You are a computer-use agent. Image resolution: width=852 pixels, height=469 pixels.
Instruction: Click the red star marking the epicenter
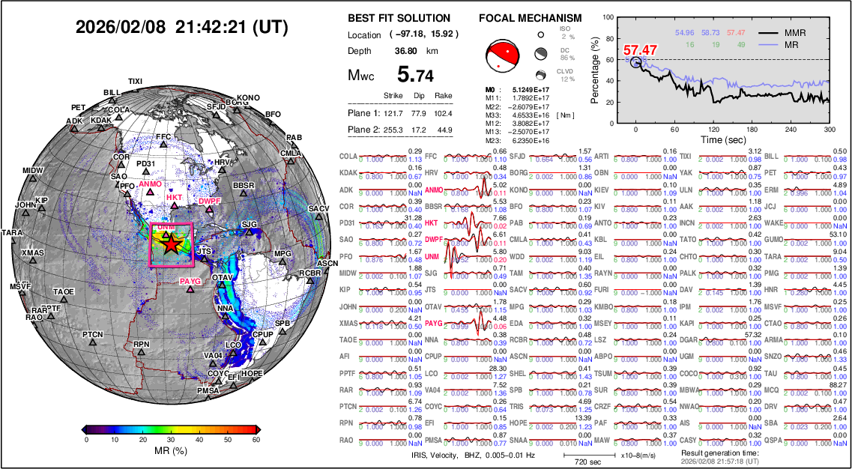pyautogui.click(x=172, y=243)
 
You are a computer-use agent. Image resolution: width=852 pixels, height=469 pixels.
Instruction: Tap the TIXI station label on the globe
pyautogui.click(x=135, y=81)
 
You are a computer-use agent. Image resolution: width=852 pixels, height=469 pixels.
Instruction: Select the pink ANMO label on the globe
pyautogui.click(x=150, y=184)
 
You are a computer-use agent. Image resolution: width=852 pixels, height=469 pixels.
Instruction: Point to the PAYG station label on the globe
pyautogui.click(x=191, y=281)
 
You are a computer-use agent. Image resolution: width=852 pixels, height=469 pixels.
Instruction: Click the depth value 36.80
pyautogui.click(x=406, y=51)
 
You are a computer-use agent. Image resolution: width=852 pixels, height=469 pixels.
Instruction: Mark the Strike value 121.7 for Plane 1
pyautogui.click(x=393, y=113)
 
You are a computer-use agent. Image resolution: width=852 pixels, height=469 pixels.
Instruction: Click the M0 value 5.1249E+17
pyautogui.click(x=525, y=89)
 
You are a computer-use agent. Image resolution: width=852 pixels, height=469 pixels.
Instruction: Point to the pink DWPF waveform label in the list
pyautogui.click(x=434, y=240)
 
